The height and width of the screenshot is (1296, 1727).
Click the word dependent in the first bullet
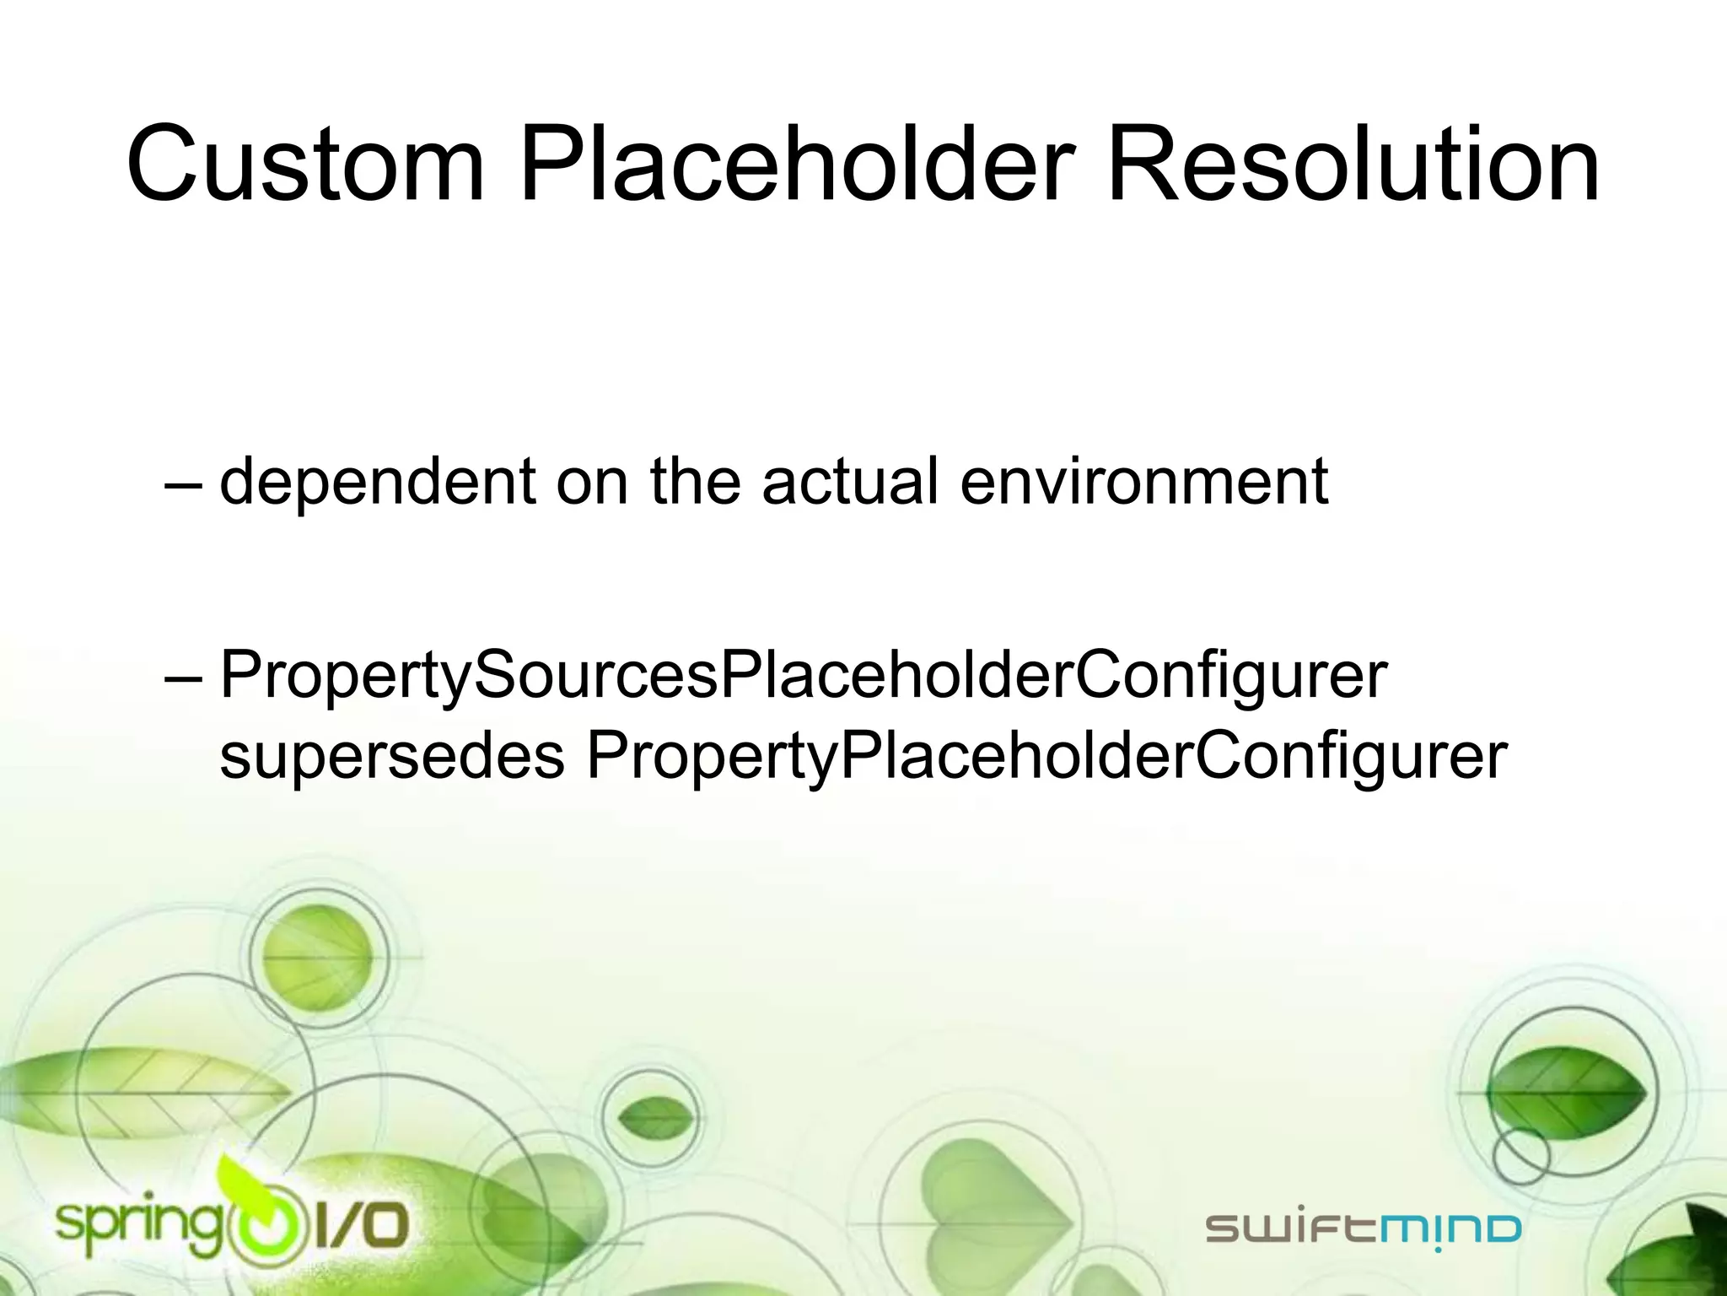click(378, 481)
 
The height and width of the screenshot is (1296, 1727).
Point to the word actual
click(850, 481)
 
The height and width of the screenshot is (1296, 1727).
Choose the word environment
click(1144, 481)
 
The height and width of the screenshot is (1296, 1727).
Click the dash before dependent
click(183, 485)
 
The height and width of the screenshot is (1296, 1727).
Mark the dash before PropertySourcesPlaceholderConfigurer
click(183, 679)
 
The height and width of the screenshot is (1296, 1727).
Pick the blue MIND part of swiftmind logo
click(1450, 1229)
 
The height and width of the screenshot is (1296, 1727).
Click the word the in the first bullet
click(695, 481)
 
